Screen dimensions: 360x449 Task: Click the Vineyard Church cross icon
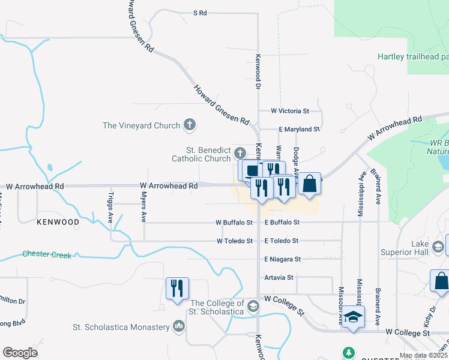[190, 125]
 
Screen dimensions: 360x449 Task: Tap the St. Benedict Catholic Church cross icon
[240, 152]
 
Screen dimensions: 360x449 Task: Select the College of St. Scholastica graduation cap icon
[253, 307]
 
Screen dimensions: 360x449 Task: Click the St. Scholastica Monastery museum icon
[178, 327]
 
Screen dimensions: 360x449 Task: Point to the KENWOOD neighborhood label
[58, 222]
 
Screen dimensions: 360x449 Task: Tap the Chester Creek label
[47, 255]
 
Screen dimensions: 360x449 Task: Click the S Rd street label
[200, 13]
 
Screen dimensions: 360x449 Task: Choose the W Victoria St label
[289, 111]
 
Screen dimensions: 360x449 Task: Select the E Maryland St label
[300, 129]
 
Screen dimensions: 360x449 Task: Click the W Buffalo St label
[234, 223]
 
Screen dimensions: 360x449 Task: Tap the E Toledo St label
[282, 241]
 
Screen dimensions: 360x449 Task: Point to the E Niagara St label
[282, 259]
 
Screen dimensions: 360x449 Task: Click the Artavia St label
[279, 278]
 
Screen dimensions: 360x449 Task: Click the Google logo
[20, 353]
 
